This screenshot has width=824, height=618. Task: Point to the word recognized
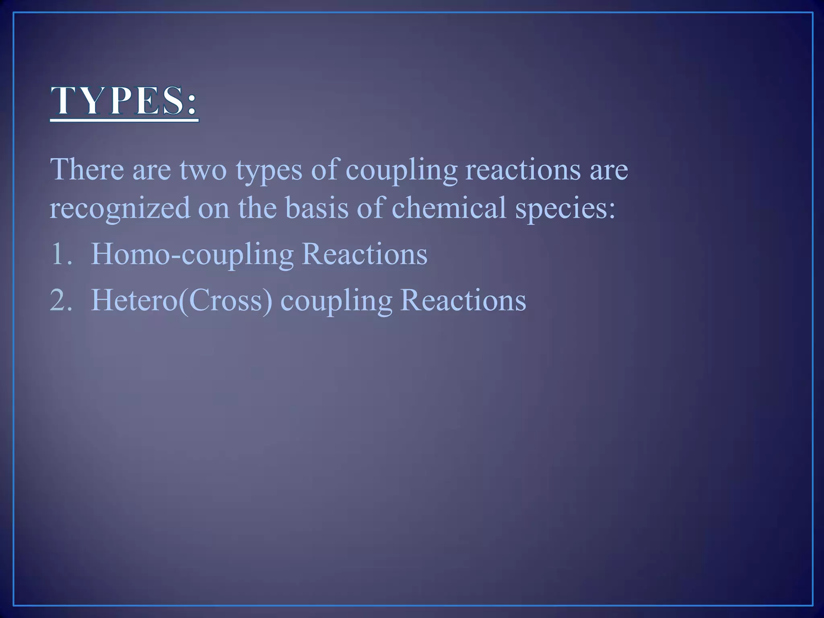[119, 209]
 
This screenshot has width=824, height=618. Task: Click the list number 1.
[61, 254]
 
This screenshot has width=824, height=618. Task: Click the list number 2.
[61, 300]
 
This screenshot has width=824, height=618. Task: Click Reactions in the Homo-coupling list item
[364, 254]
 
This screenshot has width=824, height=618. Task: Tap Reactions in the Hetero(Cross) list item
[463, 300]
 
